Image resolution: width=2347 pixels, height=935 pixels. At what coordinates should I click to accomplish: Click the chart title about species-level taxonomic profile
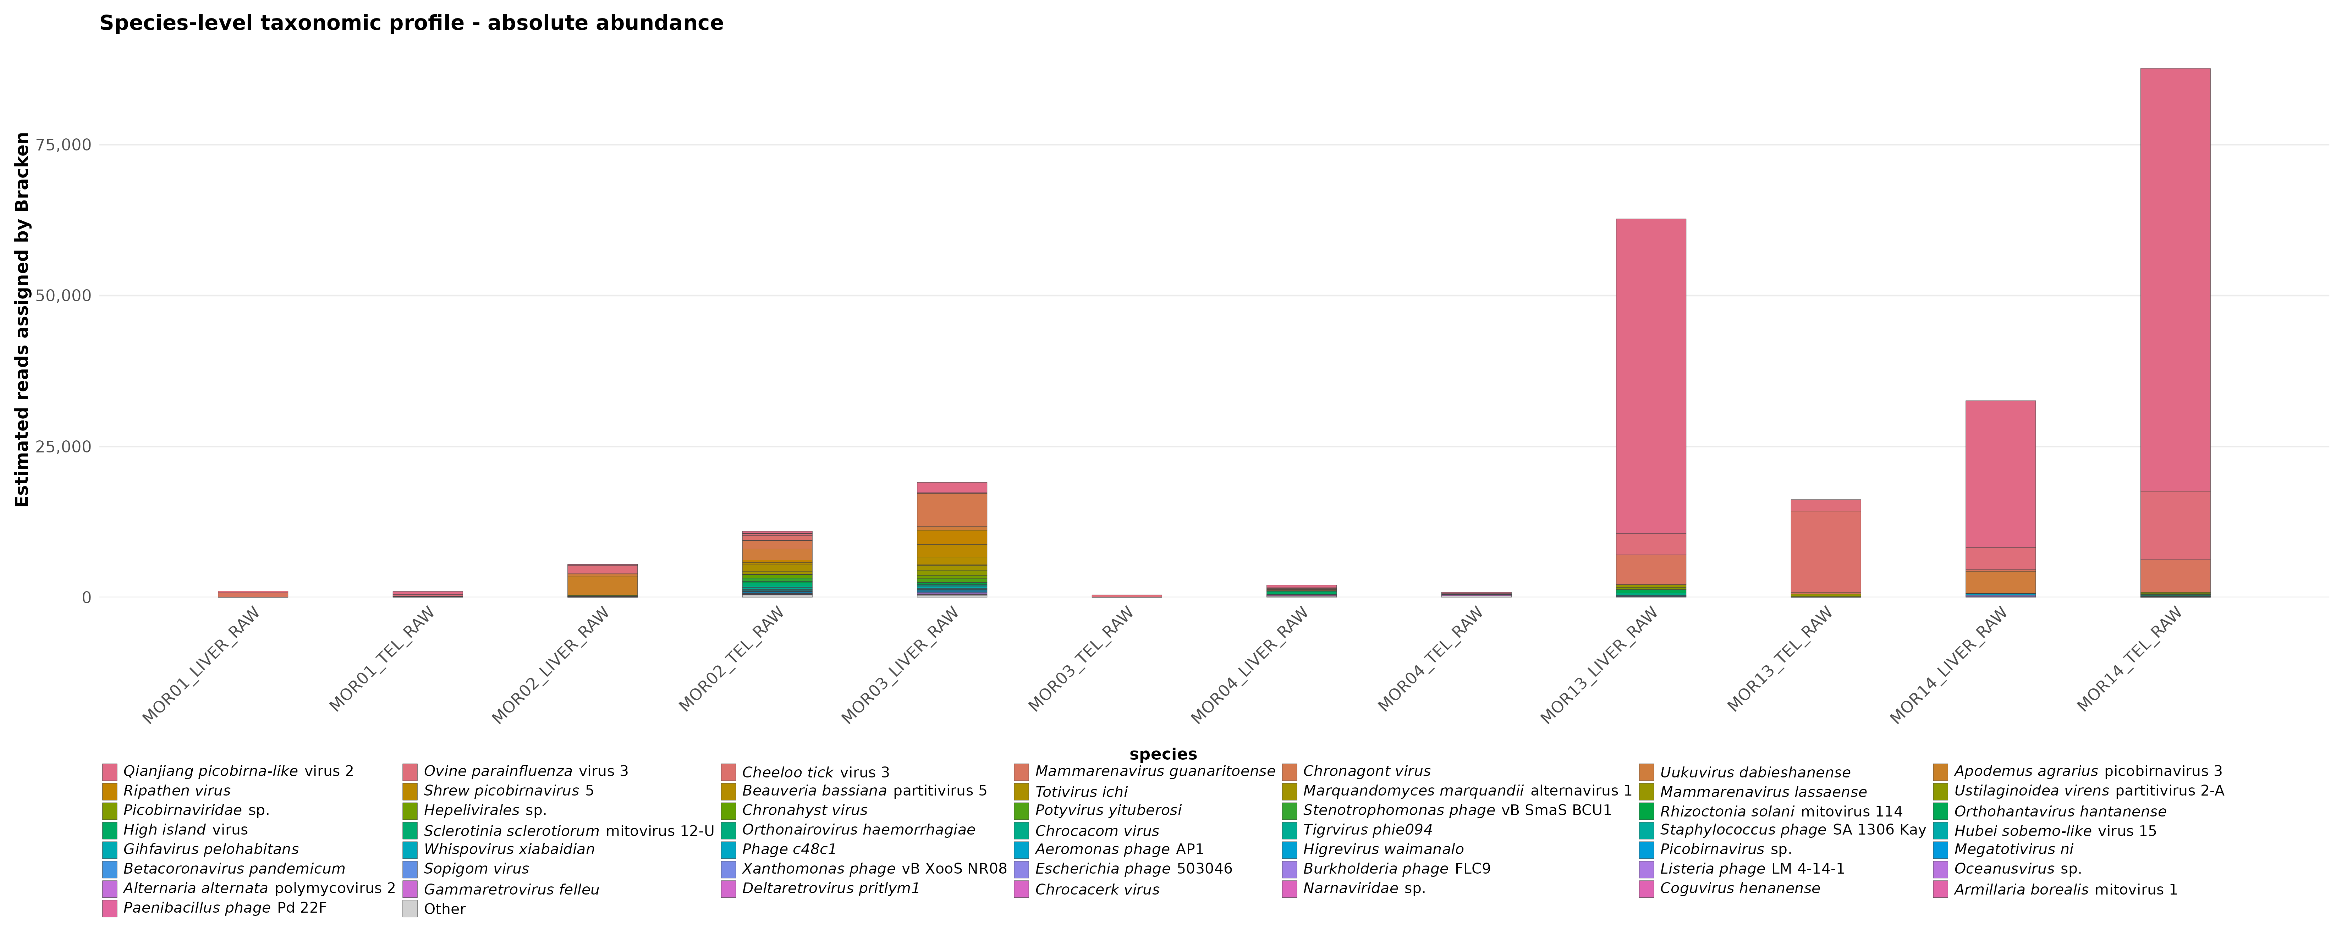click(x=411, y=23)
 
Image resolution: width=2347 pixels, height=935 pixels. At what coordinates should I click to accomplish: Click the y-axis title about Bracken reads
click(x=22, y=319)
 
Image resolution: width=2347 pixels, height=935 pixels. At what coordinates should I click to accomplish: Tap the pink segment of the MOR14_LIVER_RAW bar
click(x=2001, y=474)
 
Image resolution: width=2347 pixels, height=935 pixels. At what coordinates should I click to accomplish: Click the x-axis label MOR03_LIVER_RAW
click(x=900, y=665)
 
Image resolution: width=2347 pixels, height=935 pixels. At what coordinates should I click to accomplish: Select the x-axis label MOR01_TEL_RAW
click(x=382, y=659)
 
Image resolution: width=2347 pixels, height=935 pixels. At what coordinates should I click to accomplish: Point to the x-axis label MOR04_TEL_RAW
click(x=1430, y=659)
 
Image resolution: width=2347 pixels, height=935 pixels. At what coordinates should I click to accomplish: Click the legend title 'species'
click(x=1162, y=754)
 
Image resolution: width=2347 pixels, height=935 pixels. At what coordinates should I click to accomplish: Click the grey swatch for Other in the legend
click(x=410, y=909)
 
